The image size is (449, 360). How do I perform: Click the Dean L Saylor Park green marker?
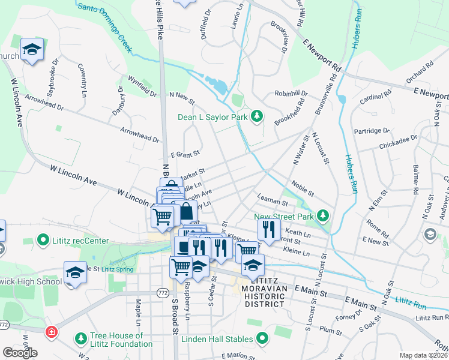coord(258,116)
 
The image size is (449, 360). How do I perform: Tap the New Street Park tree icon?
coord(324,215)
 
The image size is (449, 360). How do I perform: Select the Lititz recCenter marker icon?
coord(43,241)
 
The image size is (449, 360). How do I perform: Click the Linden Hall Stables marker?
coord(262,340)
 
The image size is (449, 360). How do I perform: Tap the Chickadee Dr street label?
coord(398,142)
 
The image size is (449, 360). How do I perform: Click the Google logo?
coord(20,352)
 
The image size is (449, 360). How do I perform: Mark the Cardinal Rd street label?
coord(375,96)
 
